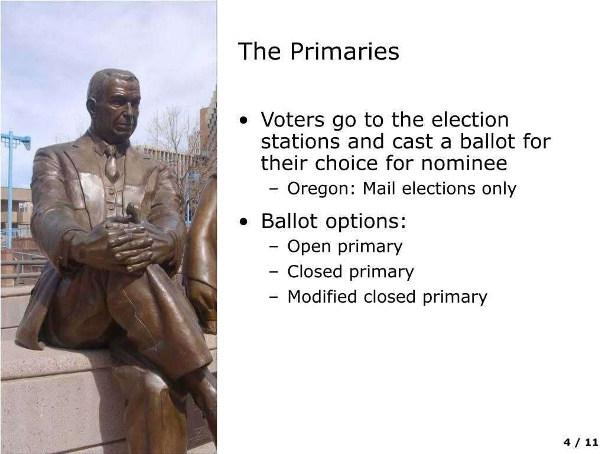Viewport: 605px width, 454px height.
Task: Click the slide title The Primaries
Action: pyautogui.click(x=318, y=52)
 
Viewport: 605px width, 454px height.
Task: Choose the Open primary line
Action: pyautogui.click(x=344, y=247)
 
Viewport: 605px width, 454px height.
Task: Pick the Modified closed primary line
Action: pyautogui.click(x=387, y=297)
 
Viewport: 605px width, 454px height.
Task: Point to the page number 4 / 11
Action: pyautogui.click(x=581, y=442)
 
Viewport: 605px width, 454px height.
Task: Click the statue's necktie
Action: pyautogui.click(x=111, y=163)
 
